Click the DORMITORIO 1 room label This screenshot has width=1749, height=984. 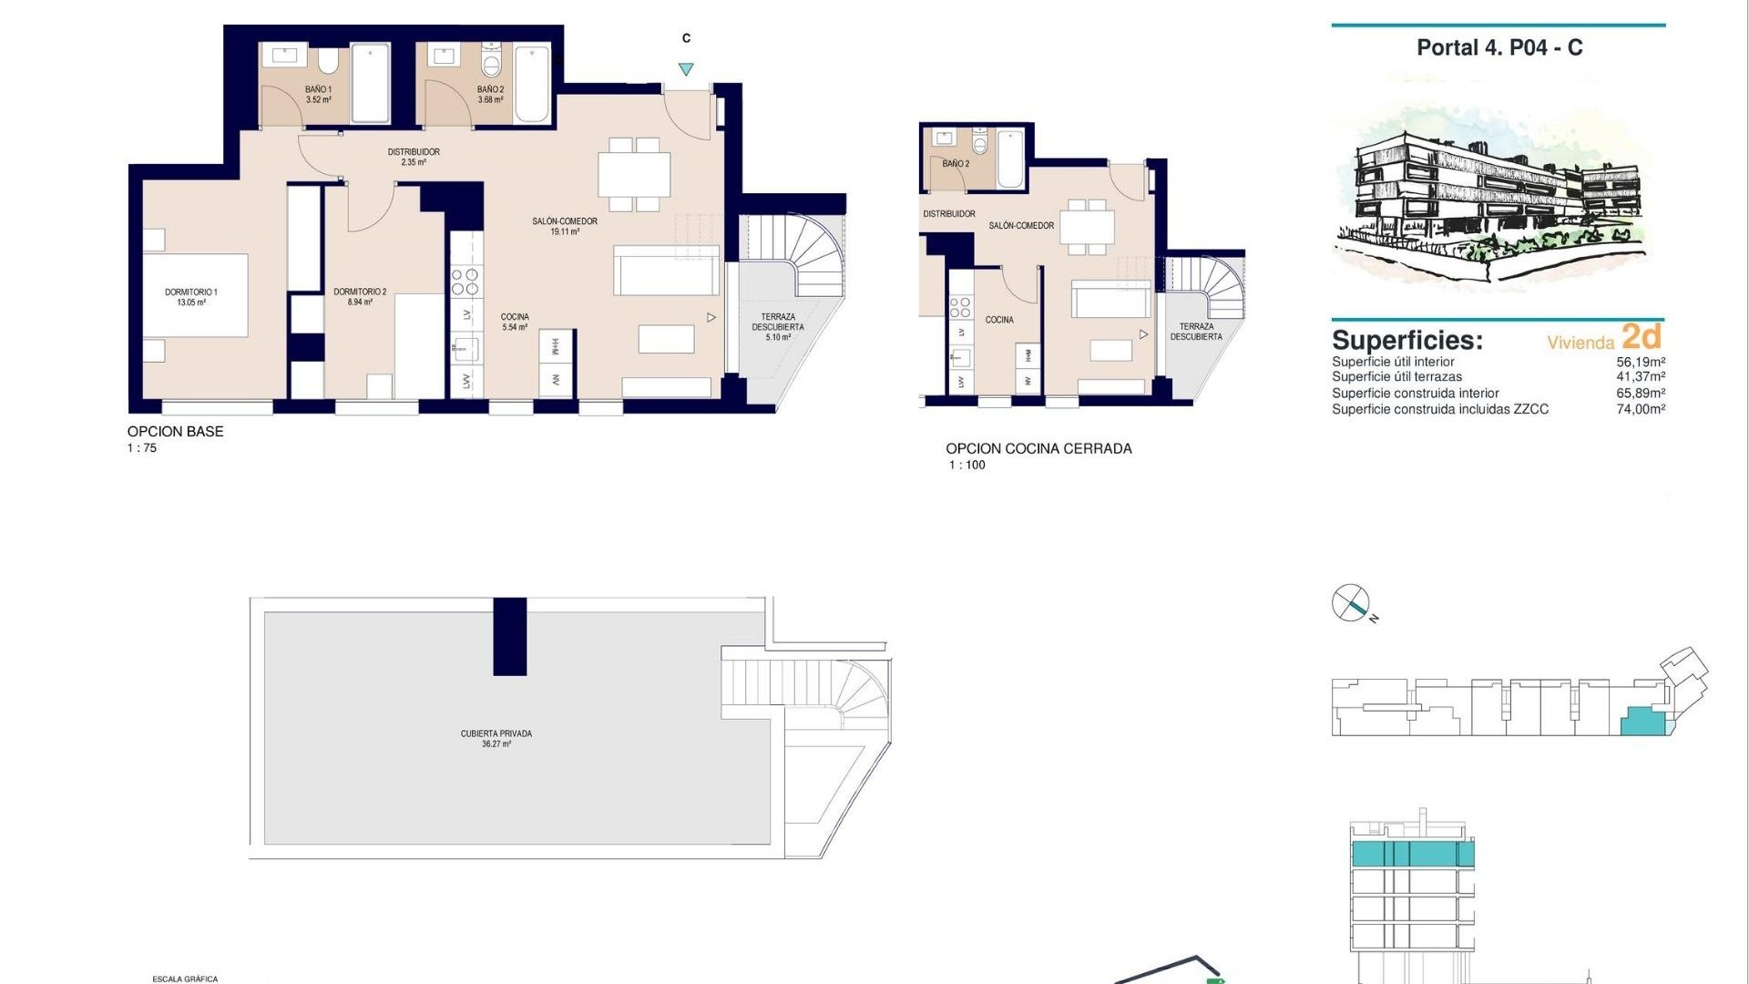coord(191,297)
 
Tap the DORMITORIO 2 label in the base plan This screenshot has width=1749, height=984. coord(360,297)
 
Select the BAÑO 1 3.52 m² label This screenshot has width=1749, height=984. coord(318,95)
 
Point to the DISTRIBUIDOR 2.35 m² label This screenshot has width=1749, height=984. coord(414,157)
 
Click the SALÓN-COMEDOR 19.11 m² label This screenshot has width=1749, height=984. coord(565,226)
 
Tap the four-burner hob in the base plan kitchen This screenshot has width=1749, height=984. coord(465,282)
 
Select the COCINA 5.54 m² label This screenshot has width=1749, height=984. coord(515,322)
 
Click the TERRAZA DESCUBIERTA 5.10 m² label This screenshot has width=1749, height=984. coord(778,327)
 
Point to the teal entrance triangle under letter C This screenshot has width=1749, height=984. coord(686,69)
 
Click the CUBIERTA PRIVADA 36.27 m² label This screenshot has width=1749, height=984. coord(496,738)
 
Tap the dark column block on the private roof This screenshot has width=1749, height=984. coord(509,636)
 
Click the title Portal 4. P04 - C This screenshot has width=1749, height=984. coord(1499,48)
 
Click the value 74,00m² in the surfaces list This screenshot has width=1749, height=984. coord(1641,409)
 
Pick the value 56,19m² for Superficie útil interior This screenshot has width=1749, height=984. coord(1641,362)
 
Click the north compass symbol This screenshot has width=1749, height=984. coord(1351,603)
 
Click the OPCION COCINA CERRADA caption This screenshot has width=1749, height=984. coord(1038,448)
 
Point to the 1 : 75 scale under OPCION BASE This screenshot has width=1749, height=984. coord(142,448)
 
